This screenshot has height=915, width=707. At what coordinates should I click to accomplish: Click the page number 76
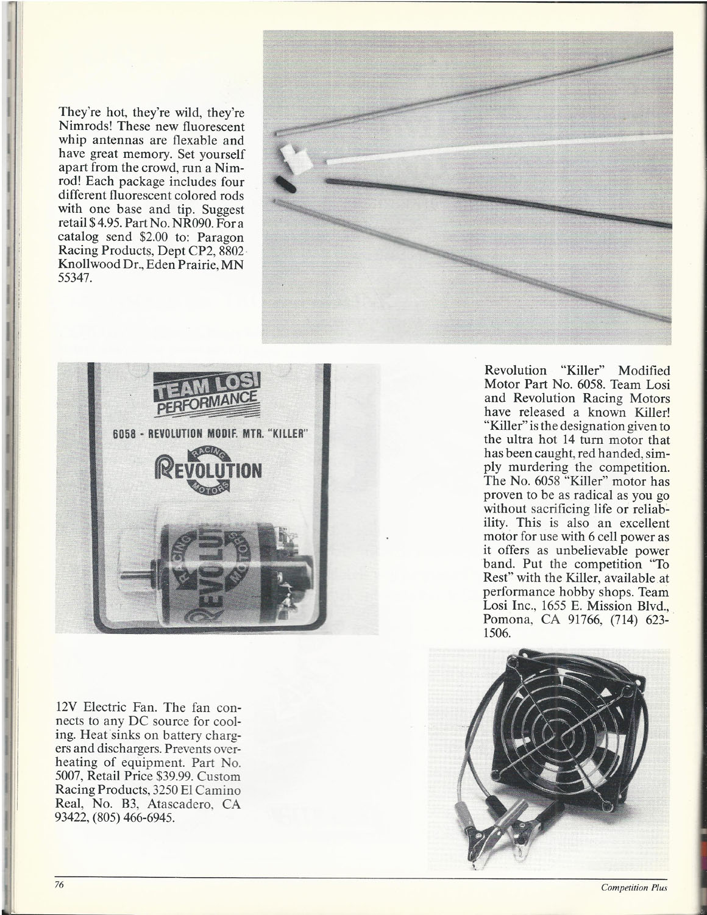coord(59,886)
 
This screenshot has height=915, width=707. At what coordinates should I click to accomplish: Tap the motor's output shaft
coord(137,575)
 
